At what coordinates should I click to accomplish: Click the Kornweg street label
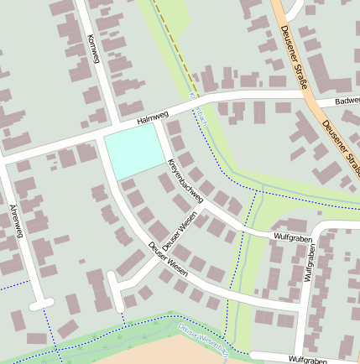point(93,49)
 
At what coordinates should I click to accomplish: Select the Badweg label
point(346,101)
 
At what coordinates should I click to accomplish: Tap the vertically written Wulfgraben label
point(308,263)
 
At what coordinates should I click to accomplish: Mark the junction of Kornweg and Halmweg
point(106,132)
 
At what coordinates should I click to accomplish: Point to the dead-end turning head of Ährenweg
point(42,303)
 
